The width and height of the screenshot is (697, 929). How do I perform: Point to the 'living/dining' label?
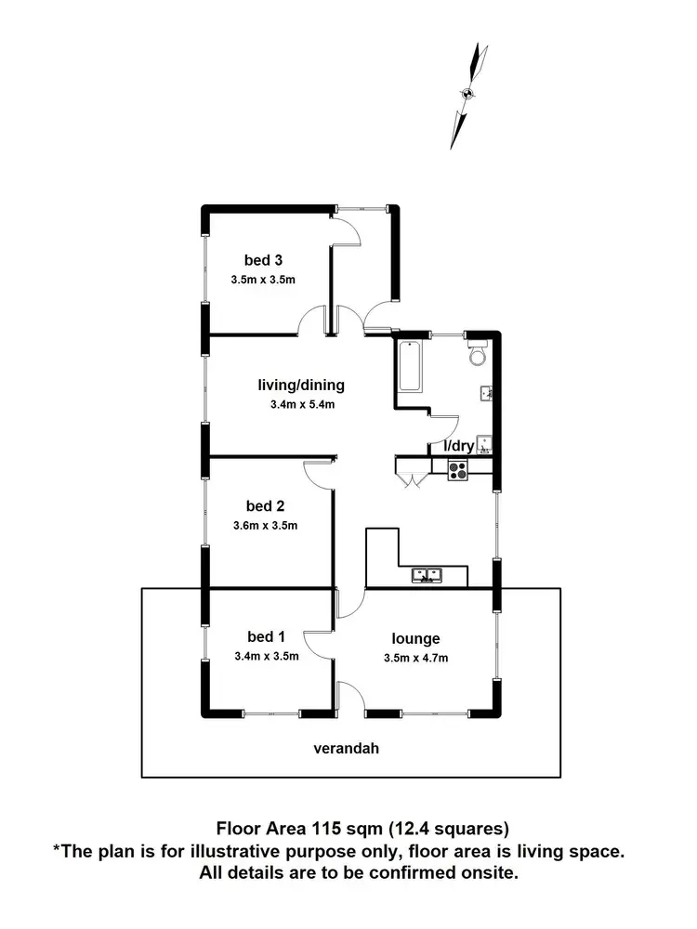(301, 385)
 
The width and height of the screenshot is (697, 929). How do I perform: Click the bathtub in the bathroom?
(410, 367)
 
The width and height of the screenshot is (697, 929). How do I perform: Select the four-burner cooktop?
(458, 471)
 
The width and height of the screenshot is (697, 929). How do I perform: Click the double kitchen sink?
(427, 576)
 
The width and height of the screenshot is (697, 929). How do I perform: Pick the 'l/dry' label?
(458, 447)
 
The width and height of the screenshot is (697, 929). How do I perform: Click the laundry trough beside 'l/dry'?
(483, 444)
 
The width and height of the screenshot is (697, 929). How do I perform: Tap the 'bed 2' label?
(265, 506)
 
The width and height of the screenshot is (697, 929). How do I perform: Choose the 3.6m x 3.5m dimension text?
(265, 526)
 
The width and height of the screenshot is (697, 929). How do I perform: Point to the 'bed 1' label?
(265, 636)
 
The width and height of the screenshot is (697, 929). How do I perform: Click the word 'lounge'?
(415, 638)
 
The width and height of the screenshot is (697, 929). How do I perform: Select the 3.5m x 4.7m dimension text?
(415, 658)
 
